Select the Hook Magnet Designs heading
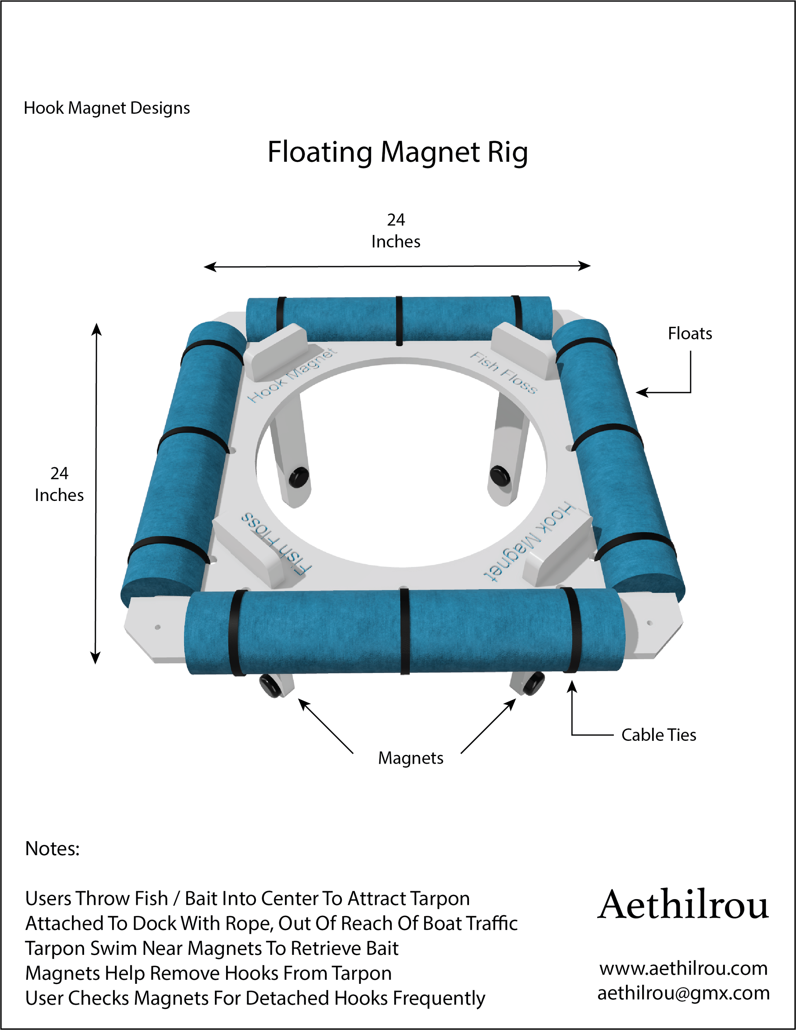[107, 108]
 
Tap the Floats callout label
[689, 333]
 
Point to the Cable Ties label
[658, 735]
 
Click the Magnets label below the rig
[411, 758]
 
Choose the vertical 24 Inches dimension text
[60, 484]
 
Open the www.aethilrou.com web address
[683, 968]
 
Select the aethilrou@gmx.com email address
[683, 993]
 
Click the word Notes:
[52, 848]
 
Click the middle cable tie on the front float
[404, 632]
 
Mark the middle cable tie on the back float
[399, 321]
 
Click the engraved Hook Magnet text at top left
[292, 376]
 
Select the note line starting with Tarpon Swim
[212, 948]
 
